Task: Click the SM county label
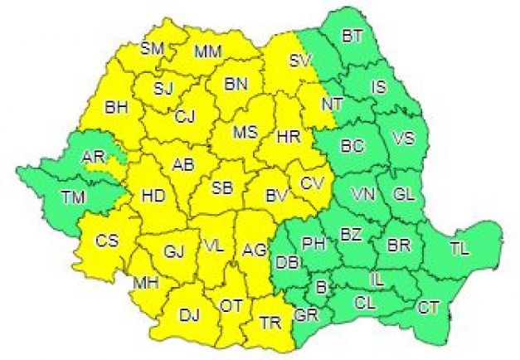[152, 48]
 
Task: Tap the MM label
[207, 52]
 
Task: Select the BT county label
[353, 36]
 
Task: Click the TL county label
[459, 247]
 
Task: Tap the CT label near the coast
[428, 308]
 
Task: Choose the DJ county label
[190, 314]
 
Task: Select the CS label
[107, 241]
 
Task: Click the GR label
[304, 316]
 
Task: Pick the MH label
[146, 283]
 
